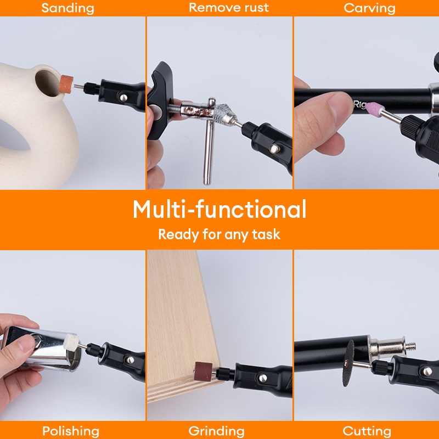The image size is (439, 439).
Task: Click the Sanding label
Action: tap(67, 8)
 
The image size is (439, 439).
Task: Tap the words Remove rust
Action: tap(229, 8)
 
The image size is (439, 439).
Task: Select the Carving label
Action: tap(369, 8)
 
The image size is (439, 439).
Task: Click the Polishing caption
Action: tap(71, 431)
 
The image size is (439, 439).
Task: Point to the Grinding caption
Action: tap(216, 431)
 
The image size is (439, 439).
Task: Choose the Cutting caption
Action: tap(367, 431)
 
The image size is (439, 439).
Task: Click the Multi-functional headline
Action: tap(219, 209)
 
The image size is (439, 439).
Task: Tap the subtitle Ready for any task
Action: tap(219, 235)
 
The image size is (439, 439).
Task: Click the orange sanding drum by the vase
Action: tap(66, 84)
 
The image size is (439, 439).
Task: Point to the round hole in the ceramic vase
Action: tap(47, 83)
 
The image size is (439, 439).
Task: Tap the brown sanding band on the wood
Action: tap(203, 372)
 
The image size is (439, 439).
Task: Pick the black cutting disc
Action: tap(348, 363)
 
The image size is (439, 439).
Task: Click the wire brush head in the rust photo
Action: tap(223, 115)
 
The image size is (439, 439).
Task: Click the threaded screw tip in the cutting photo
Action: tap(410, 347)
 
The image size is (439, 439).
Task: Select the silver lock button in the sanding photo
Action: tap(123, 98)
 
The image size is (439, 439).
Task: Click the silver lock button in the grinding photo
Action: tap(263, 378)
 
